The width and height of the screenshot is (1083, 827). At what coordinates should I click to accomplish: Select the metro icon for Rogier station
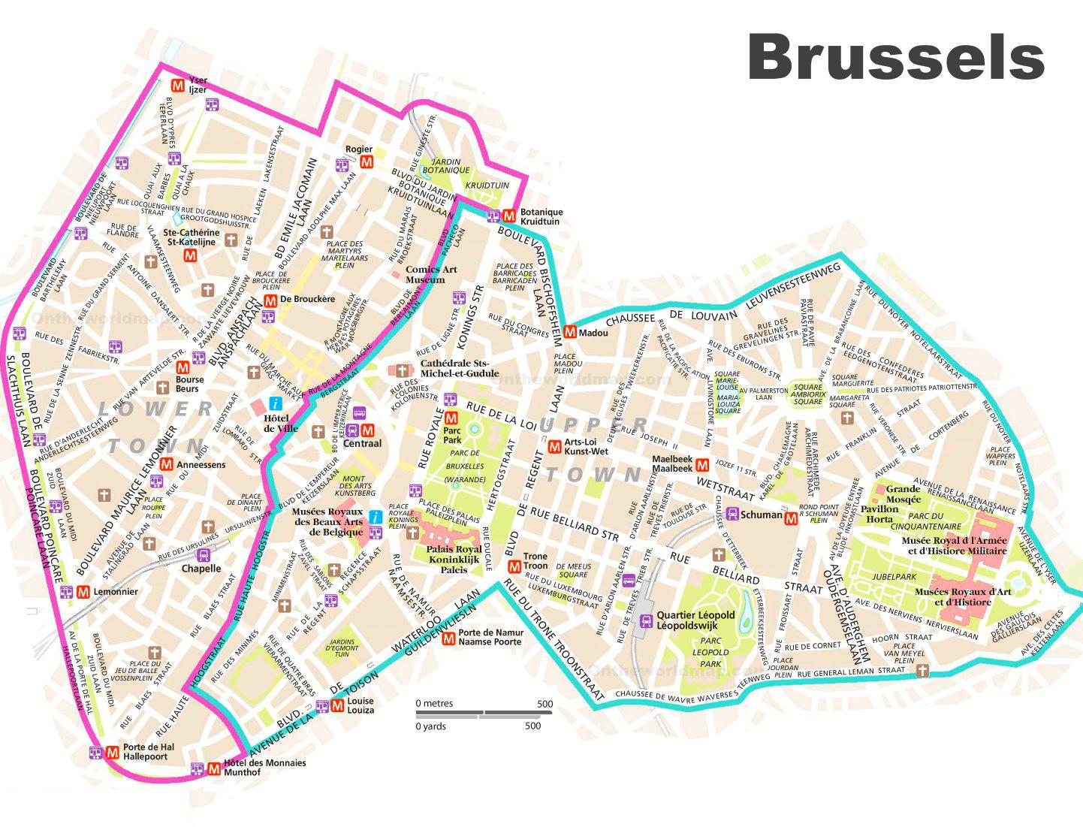pyautogui.click(x=366, y=162)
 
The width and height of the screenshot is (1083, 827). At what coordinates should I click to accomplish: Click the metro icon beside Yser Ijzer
pyautogui.click(x=178, y=85)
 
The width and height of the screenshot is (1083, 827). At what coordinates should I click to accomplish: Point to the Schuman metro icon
pyautogui.click(x=790, y=518)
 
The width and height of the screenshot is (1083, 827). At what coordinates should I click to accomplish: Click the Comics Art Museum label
pyautogui.click(x=430, y=275)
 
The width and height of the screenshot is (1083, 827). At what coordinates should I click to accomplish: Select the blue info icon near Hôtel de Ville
pyautogui.click(x=276, y=403)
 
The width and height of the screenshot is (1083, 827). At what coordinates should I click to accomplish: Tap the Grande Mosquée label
pyautogui.click(x=903, y=493)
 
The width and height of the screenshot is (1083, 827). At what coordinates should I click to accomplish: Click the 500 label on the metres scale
pyautogui.click(x=545, y=704)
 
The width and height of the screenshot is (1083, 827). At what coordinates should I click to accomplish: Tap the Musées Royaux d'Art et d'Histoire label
pyautogui.click(x=962, y=596)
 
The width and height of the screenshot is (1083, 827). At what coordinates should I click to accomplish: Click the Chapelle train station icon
pyautogui.click(x=202, y=555)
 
